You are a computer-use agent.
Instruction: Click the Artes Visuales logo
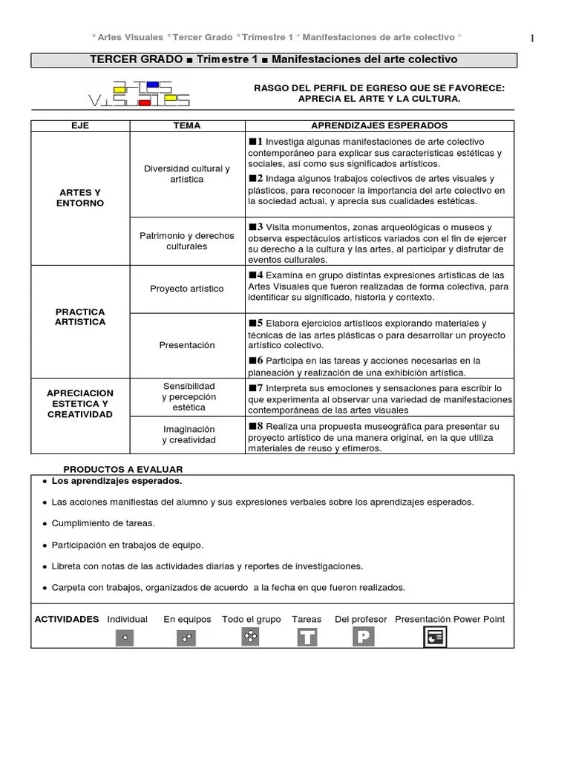(139, 93)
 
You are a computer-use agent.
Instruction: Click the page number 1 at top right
(533, 39)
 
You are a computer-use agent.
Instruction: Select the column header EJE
(80, 125)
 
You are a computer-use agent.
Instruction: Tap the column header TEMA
(186, 125)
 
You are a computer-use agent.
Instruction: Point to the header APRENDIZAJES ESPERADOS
(379, 125)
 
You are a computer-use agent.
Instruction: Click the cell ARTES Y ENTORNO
(80, 198)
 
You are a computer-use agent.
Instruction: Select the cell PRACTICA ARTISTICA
(80, 317)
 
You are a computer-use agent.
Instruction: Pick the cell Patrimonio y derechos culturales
(186, 240)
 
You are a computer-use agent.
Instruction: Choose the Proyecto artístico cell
(186, 289)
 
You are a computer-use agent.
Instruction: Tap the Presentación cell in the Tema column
(186, 345)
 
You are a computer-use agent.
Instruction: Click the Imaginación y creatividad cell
(189, 434)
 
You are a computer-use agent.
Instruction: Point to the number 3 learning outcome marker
(256, 226)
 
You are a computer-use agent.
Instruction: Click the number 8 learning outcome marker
(256, 425)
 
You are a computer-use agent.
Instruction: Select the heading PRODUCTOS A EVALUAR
(122, 469)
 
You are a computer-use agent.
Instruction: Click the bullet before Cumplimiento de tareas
(45, 523)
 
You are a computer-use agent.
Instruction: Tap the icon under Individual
(125, 638)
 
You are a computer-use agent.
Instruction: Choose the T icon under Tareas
(307, 638)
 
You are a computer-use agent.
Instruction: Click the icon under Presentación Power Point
(435, 637)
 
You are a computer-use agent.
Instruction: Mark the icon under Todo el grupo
(251, 636)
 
